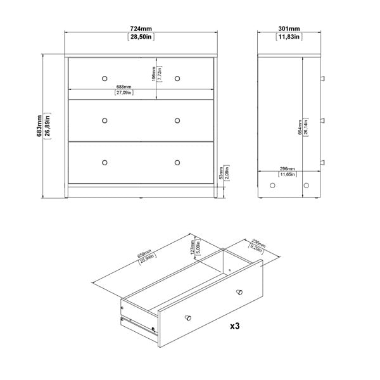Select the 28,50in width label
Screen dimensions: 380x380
tap(141, 38)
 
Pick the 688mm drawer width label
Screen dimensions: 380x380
tap(123, 87)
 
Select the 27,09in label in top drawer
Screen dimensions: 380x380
tap(123, 93)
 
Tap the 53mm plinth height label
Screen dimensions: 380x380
tap(220, 172)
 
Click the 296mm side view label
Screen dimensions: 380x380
tap(288, 168)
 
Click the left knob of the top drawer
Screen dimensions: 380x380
tap(104, 77)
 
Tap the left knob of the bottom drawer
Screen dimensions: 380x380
tap(104, 161)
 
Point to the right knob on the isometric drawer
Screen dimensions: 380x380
tap(239, 291)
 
